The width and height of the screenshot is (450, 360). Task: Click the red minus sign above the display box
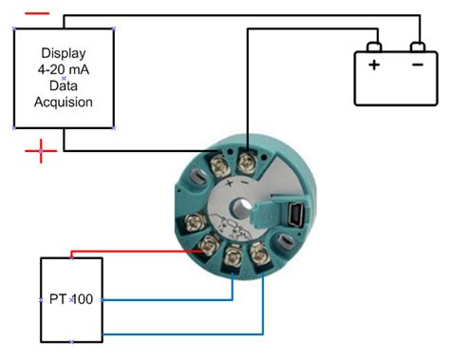37,14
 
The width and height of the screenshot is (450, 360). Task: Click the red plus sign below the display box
40,152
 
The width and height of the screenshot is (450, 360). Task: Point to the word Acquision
64,102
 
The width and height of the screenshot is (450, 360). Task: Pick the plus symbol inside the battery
374,66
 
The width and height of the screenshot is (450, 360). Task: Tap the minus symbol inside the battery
417,66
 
